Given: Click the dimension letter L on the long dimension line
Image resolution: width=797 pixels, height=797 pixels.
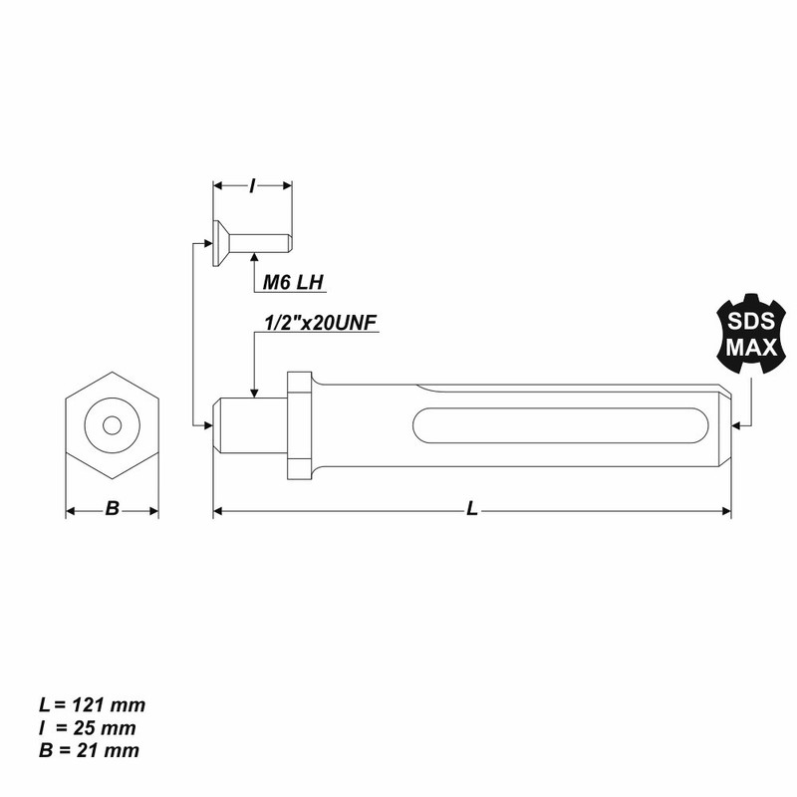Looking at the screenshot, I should [x=472, y=509].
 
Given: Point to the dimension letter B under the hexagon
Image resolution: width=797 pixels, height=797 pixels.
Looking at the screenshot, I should [x=113, y=509].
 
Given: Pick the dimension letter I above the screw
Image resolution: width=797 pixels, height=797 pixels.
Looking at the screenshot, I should [x=253, y=185].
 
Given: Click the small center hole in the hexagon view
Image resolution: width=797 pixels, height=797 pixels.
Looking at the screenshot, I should [x=113, y=424].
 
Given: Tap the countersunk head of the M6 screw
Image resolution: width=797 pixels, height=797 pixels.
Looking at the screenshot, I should [x=220, y=242].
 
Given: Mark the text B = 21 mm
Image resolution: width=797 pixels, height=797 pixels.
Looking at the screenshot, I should [x=86, y=749].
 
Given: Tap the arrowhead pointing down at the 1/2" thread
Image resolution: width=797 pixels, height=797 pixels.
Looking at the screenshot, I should [x=255, y=394].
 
